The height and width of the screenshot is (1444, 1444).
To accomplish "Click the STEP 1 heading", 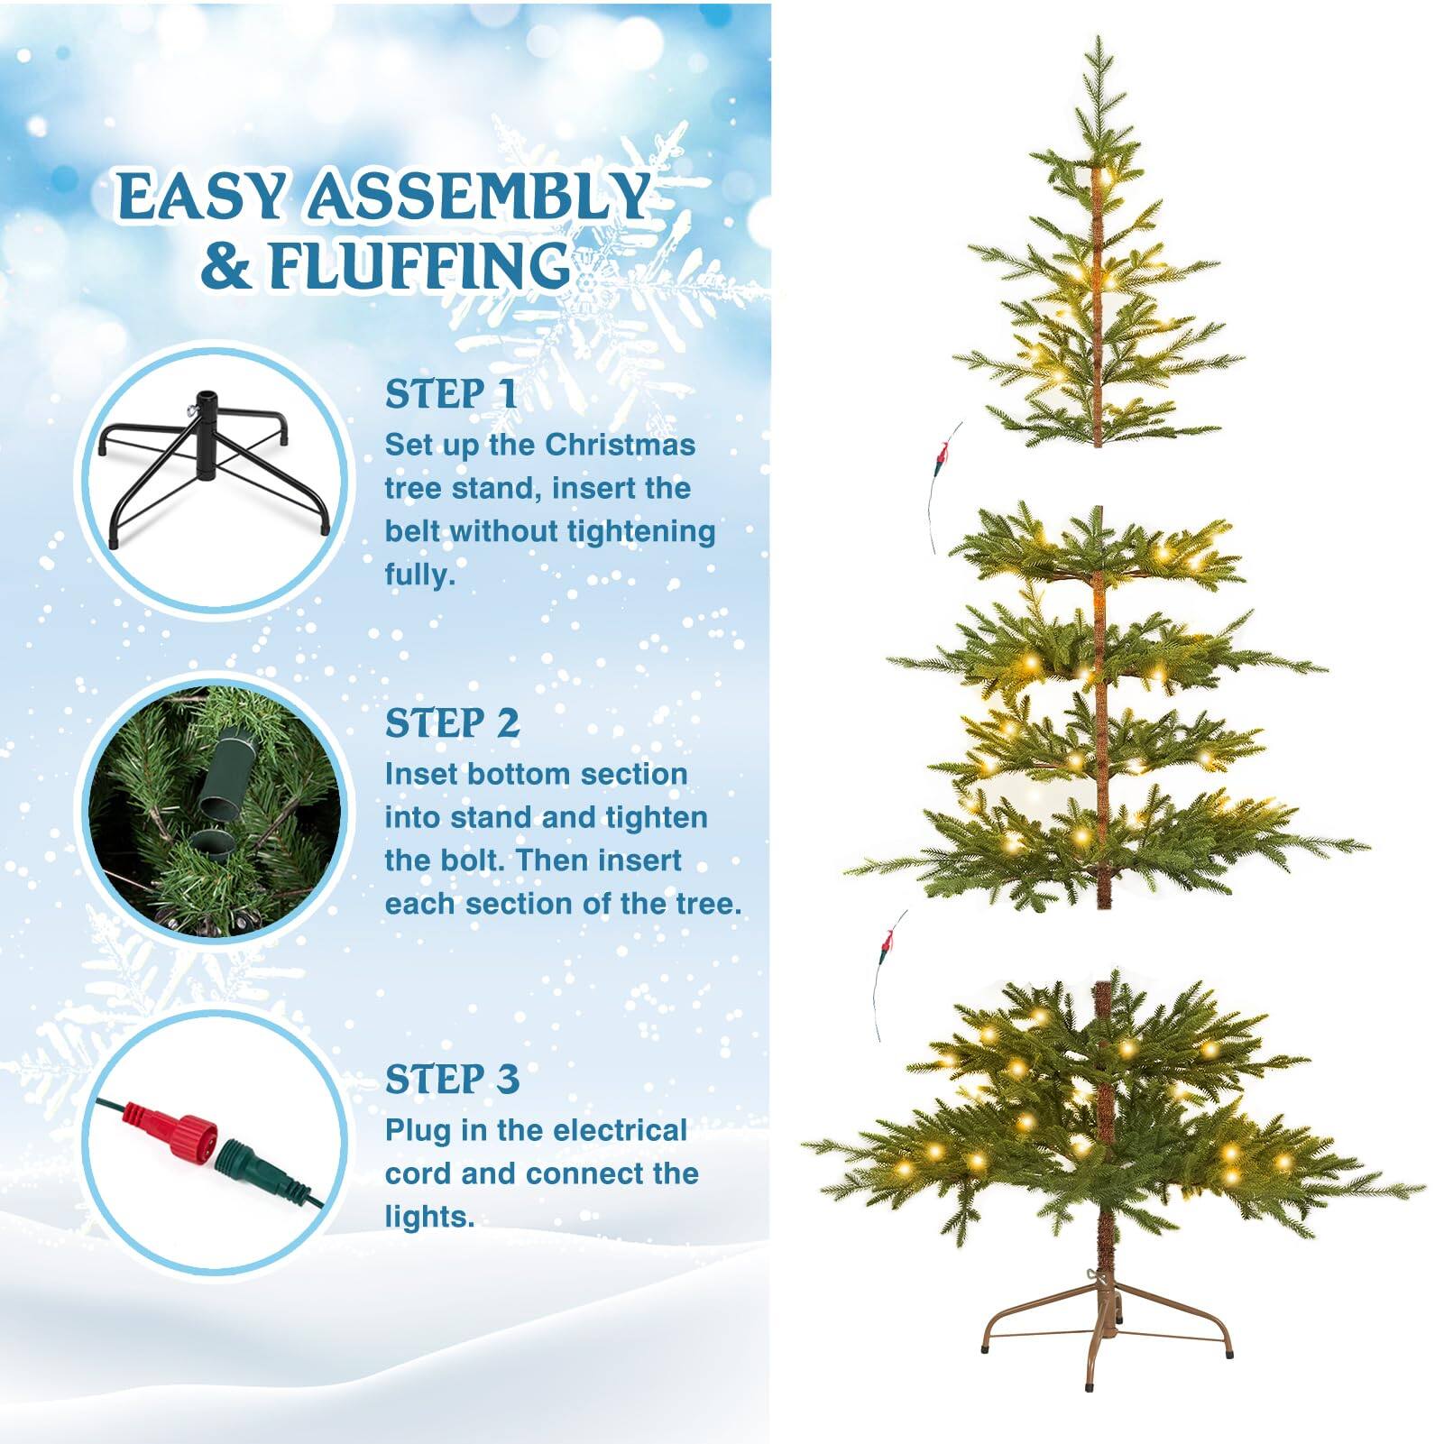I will pyautogui.click(x=451, y=394).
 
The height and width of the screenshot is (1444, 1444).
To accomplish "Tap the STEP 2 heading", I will pyautogui.click(x=452, y=723).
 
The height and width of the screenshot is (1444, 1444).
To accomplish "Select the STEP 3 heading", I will pyautogui.click(x=452, y=1079).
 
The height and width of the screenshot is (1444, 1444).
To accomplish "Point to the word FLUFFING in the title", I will pyautogui.click(x=419, y=266).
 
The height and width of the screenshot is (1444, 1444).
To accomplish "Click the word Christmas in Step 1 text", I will pyautogui.click(x=620, y=445).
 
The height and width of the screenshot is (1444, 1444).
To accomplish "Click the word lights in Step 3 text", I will pyautogui.click(x=428, y=1216).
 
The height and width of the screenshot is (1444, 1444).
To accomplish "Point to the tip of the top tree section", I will pyautogui.click(x=1098, y=41).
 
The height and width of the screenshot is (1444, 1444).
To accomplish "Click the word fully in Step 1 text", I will pyautogui.click(x=418, y=574).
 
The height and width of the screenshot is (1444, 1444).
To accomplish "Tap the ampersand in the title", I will pyautogui.click(x=225, y=266).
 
